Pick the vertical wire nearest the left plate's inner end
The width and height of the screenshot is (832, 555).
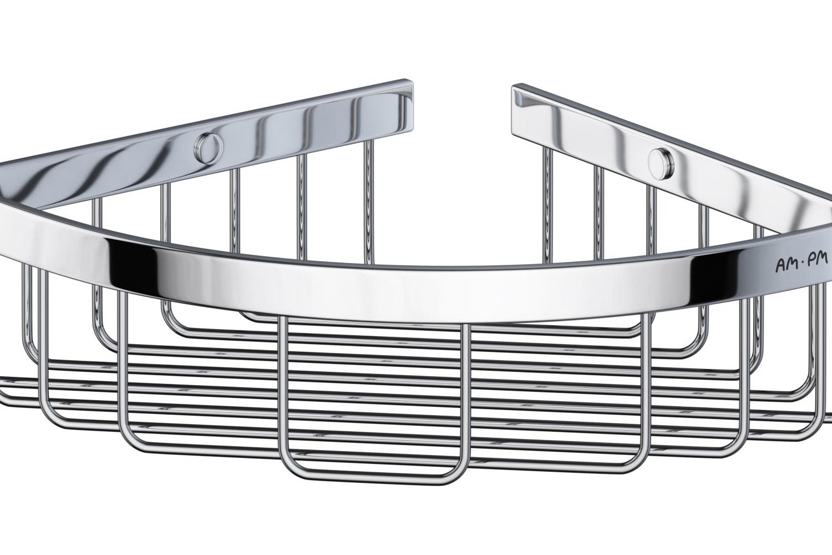368,197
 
